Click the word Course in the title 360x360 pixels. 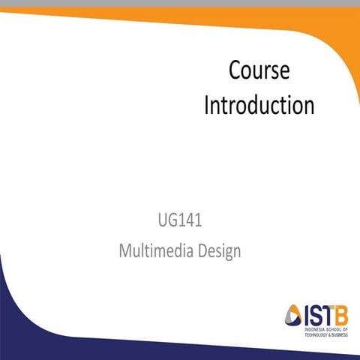click(259, 71)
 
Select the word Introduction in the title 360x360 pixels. click(259, 104)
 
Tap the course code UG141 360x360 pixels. click(180, 221)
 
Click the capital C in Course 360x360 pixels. click(234, 71)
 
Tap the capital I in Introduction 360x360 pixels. click(207, 104)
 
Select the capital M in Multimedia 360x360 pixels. click(126, 250)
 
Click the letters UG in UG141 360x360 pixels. click(167, 221)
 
